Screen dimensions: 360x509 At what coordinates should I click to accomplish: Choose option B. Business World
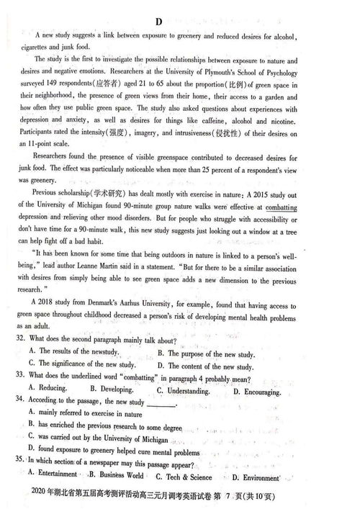click(x=116, y=475)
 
